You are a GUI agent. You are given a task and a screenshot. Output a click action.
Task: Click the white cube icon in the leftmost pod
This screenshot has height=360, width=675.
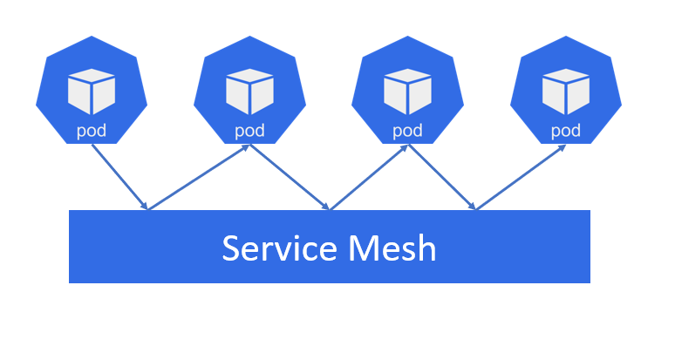[92, 91]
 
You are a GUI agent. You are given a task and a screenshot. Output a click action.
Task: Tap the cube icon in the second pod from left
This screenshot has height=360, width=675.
[249, 91]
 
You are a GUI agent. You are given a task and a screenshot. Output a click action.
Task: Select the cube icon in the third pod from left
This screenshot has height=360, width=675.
[407, 91]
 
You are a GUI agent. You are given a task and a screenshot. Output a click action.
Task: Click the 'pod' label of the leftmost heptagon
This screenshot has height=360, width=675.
[92, 132]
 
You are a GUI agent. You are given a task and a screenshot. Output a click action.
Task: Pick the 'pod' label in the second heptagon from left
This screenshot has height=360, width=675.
[249, 132]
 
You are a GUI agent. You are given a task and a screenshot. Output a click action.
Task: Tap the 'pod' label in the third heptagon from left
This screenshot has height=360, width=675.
[407, 132]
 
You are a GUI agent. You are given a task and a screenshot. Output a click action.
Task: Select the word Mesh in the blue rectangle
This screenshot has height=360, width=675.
[392, 248]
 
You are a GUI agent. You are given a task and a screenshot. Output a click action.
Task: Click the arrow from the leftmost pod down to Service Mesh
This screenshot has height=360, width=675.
[119, 177]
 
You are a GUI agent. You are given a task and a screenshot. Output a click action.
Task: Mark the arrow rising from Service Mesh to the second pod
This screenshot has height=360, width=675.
[199, 177]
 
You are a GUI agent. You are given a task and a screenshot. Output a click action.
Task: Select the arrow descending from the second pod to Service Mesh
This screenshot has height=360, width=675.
[289, 177]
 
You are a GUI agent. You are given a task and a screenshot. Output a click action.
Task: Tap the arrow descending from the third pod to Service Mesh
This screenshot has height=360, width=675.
[441, 177]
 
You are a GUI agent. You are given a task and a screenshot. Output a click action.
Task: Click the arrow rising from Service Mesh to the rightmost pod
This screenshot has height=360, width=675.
[520, 177]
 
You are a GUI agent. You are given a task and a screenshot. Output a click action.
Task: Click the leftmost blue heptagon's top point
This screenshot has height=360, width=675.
[92, 38]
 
